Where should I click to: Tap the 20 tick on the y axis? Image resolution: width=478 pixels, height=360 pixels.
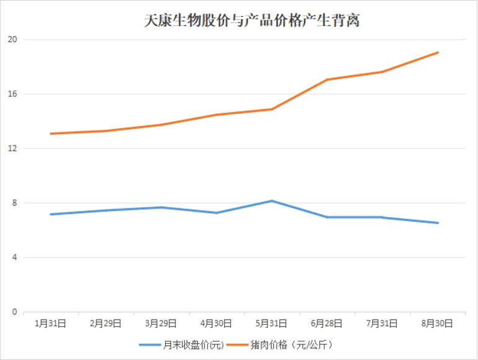(12, 40)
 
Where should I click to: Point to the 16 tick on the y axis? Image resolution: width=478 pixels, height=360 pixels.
(12, 94)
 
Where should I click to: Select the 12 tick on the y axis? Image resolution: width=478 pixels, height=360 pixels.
(12, 149)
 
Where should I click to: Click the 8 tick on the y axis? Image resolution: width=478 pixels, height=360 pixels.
(14, 203)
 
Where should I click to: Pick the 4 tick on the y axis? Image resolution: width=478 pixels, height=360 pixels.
(14, 258)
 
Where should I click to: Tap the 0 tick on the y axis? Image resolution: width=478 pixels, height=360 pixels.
(14, 312)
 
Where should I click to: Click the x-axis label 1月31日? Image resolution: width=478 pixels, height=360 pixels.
(50, 323)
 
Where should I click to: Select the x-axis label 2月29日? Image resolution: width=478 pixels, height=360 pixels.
(106, 323)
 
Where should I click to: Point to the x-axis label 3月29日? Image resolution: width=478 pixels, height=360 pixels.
(161, 323)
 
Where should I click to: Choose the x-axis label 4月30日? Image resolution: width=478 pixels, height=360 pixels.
(217, 323)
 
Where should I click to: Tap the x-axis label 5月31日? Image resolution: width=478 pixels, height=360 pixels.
(272, 323)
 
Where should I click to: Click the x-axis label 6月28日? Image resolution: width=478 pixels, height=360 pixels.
(327, 323)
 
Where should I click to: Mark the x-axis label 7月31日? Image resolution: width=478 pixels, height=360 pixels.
(382, 323)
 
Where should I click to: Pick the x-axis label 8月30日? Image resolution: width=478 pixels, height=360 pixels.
(438, 323)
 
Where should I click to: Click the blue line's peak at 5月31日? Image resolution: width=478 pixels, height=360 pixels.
(272, 201)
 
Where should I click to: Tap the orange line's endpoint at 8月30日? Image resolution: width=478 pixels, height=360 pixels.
(438, 53)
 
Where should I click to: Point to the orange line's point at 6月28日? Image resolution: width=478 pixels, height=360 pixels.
(327, 79)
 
